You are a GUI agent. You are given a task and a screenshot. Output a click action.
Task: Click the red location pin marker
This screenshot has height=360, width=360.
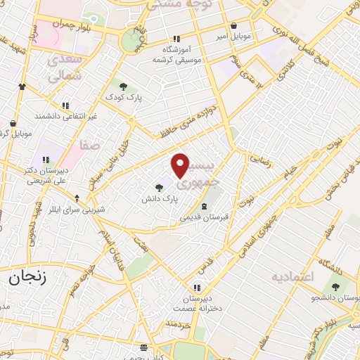pos(181,165)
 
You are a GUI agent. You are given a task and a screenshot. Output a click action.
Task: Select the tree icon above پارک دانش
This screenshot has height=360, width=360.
pos(160,188)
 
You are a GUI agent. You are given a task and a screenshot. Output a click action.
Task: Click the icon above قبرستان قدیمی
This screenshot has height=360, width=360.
pos(204,206)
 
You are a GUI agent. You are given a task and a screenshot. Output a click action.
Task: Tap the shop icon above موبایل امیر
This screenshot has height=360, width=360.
pos(252,24)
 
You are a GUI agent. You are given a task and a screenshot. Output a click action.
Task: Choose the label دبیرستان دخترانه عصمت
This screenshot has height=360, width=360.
pos(198,302)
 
